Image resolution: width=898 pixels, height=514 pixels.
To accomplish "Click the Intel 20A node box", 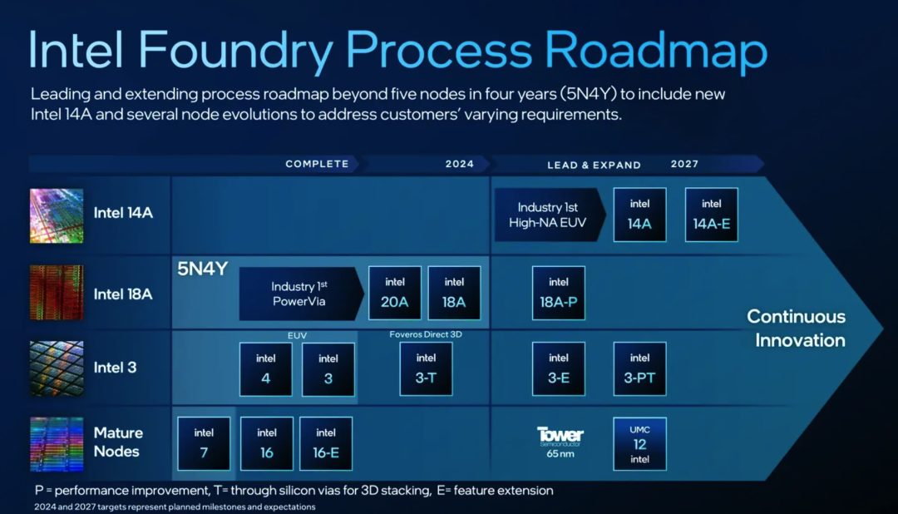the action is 395,293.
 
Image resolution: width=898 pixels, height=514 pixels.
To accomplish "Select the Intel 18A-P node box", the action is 559,293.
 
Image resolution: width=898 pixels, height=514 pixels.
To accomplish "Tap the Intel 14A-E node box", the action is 711,215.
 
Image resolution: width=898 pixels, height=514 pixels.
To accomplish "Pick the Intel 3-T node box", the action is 426,368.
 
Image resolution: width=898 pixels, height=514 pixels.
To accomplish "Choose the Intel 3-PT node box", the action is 639,368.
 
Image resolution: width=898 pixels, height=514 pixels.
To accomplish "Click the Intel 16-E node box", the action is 326,443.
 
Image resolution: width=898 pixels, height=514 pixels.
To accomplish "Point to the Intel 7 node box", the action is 204,443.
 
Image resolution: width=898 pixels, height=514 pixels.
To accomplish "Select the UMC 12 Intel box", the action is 639,443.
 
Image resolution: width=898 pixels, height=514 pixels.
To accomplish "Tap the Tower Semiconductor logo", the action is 560,436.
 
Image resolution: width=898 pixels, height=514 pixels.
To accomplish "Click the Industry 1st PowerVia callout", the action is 301,294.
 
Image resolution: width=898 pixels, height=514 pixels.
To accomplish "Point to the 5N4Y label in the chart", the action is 203,269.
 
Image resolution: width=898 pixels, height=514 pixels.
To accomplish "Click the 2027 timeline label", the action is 684,164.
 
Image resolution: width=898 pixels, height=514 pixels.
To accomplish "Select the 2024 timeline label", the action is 460,164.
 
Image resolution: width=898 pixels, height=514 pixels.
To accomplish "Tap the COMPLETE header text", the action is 318,164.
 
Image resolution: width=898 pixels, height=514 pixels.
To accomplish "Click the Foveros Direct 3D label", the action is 426,334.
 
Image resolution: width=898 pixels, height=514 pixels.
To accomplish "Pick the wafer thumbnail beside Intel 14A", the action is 57,215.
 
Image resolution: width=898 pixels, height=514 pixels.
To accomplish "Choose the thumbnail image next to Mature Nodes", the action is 57,444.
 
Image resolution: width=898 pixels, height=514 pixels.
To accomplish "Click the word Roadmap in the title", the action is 656,50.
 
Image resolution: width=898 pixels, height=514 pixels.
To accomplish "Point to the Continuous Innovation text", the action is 797,329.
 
